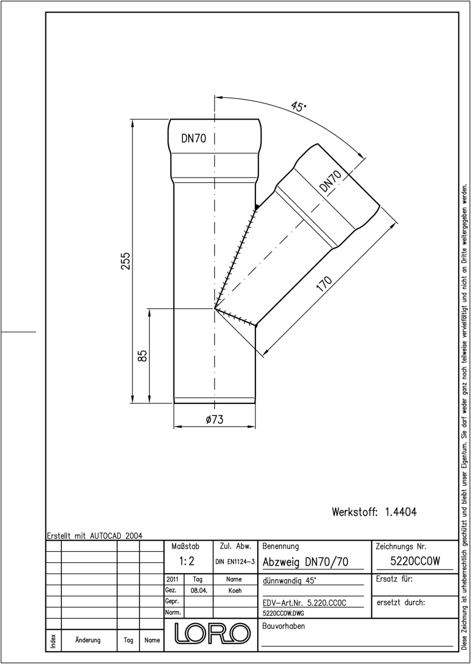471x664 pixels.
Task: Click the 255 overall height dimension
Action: (x=126, y=261)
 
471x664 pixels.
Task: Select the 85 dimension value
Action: (x=142, y=356)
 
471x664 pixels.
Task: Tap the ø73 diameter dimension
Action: (x=214, y=419)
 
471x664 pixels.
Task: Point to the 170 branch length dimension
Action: (x=324, y=284)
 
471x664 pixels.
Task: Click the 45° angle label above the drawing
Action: (x=298, y=106)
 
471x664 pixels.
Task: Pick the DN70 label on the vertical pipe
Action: (x=193, y=138)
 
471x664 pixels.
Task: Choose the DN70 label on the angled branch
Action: (x=330, y=181)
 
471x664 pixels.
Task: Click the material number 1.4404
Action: (x=401, y=512)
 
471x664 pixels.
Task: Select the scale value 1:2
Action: (x=187, y=561)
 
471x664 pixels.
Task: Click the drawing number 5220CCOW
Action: (x=415, y=561)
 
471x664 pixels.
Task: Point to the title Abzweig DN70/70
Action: (x=305, y=562)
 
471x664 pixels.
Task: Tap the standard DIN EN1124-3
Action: (x=235, y=562)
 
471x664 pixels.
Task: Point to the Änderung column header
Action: (x=88, y=640)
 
